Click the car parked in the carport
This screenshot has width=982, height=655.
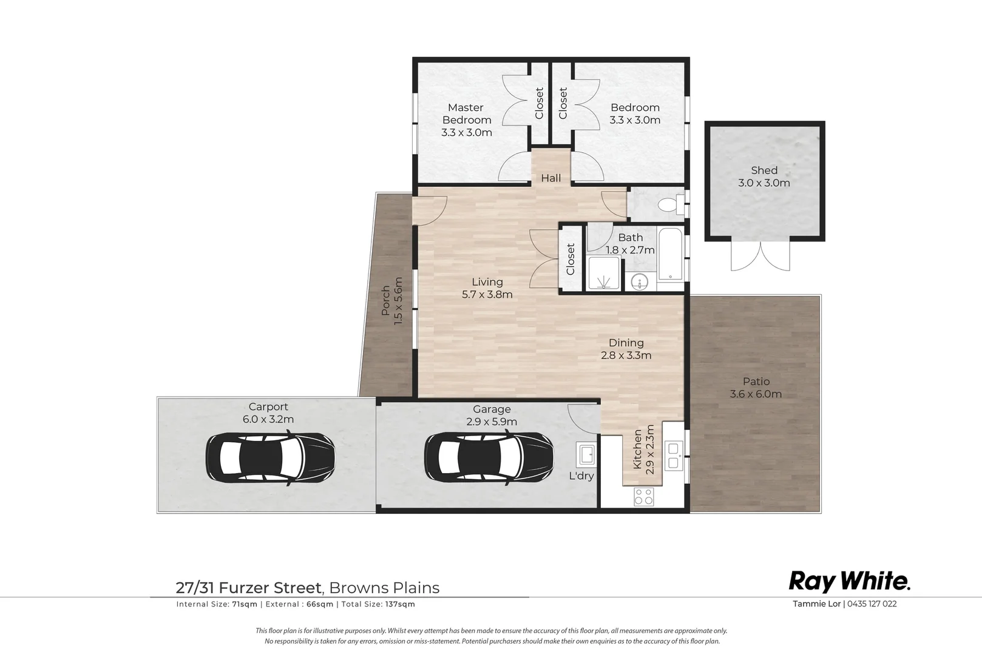[x=270, y=457]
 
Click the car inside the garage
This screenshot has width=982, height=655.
[x=489, y=457]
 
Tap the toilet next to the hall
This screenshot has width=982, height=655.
[x=671, y=204]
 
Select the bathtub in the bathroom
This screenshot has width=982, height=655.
[x=670, y=254]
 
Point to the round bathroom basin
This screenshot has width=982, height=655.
[x=639, y=281]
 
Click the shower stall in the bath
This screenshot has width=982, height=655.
[x=604, y=274]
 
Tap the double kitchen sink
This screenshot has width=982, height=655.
[x=673, y=455]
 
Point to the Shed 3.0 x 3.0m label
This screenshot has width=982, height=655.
[x=764, y=176]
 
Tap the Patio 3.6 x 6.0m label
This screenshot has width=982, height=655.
[x=756, y=388]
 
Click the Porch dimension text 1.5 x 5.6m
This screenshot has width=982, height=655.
[x=398, y=301]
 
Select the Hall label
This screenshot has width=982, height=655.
[x=551, y=178]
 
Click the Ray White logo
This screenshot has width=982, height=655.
[x=849, y=582]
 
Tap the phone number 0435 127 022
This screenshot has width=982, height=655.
[x=872, y=603]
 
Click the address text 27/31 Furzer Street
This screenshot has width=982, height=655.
[x=249, y=587]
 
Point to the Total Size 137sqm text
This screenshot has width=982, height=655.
[x=378, y=604]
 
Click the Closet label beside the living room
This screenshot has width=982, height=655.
[x=571, y=259]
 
